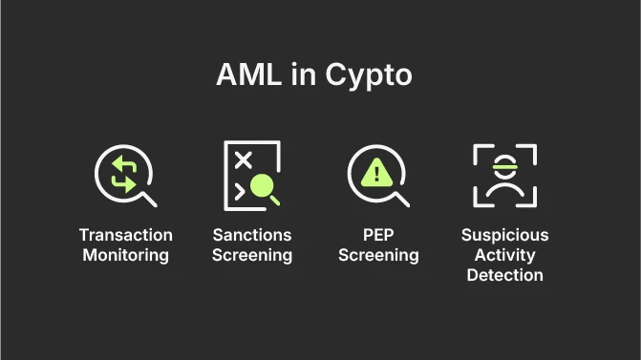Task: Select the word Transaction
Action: (x=125, y=235)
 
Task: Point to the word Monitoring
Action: (x=125, y=255)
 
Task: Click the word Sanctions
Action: (x=252, y=235)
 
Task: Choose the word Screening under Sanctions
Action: (x=252, y=255)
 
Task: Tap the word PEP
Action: (x=378, y=235)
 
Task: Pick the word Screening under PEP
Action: (x=378, y=255)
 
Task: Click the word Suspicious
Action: (x=505, y=235)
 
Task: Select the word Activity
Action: (x=505, y=255)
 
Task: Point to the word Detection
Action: (x=505, y=275)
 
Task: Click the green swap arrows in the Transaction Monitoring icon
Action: (x=124, y=174)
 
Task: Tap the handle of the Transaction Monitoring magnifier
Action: (x=149, y=199)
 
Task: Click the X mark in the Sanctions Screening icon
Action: (x=243, y=159)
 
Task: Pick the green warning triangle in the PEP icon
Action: (x=376, y=173)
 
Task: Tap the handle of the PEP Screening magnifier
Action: (x=402, y=199)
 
